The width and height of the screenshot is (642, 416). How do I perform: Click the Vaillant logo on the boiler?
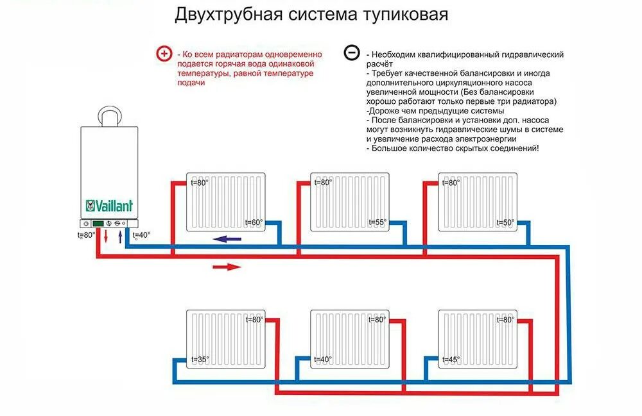[109, 206]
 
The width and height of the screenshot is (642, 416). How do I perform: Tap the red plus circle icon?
[166, 54]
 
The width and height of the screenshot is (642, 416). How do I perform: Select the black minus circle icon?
[351, 53]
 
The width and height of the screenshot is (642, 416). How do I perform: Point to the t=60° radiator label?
[254, 223]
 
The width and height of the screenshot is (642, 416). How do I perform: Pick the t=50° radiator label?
[505, 223]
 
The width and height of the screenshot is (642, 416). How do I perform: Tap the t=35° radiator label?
[200, 360]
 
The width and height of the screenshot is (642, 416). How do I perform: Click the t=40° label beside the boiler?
[141, 235]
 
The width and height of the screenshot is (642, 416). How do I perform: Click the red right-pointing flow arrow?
[226, 267]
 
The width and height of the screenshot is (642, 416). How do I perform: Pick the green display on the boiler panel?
[98, 224]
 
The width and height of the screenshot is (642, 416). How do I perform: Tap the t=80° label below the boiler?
[85, 235]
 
